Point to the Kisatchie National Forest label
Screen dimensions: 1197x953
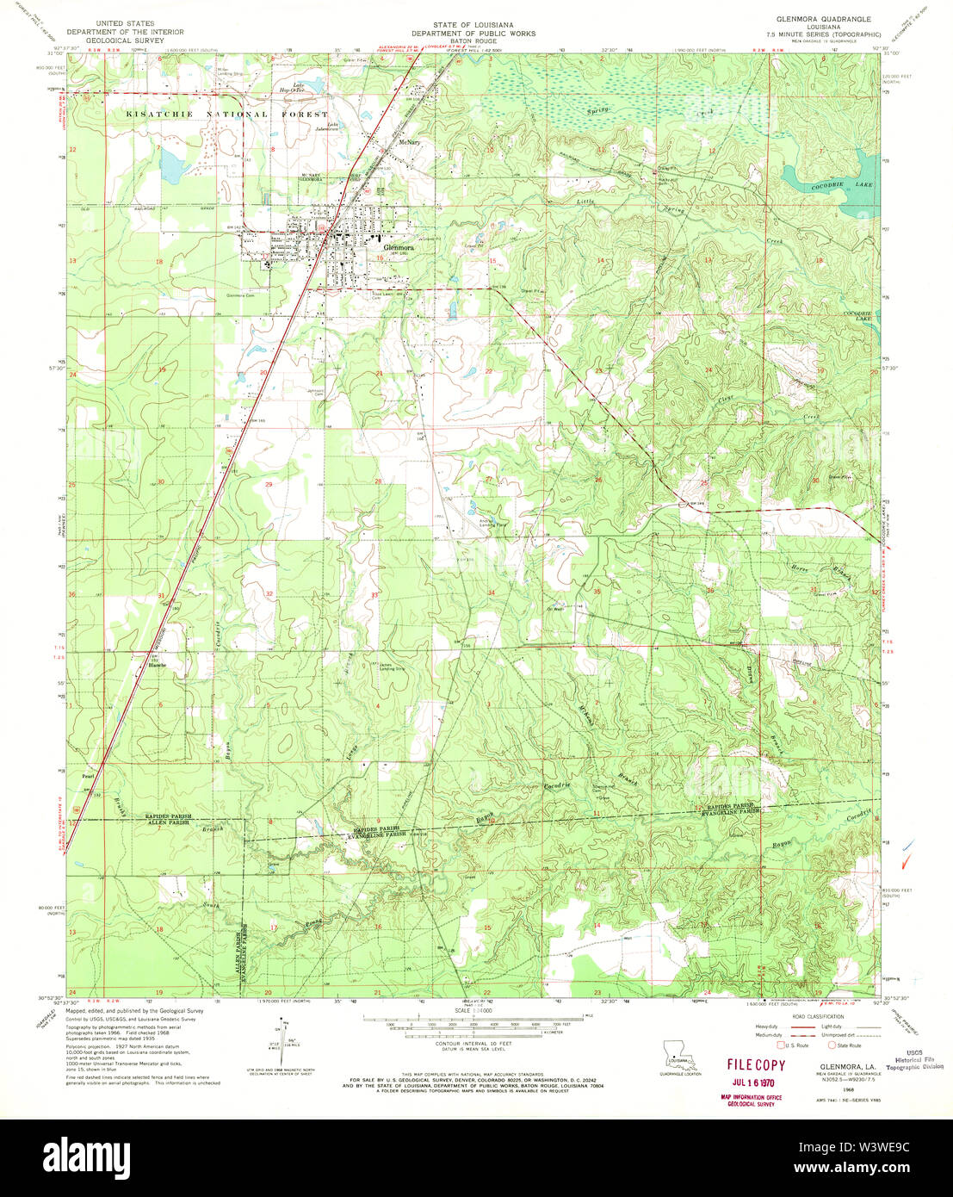227,115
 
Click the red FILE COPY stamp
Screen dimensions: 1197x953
757,1065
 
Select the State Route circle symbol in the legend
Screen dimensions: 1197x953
832,1045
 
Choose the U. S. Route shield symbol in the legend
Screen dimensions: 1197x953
780,1045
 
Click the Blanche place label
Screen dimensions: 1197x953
157,665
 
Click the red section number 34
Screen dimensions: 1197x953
491,593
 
